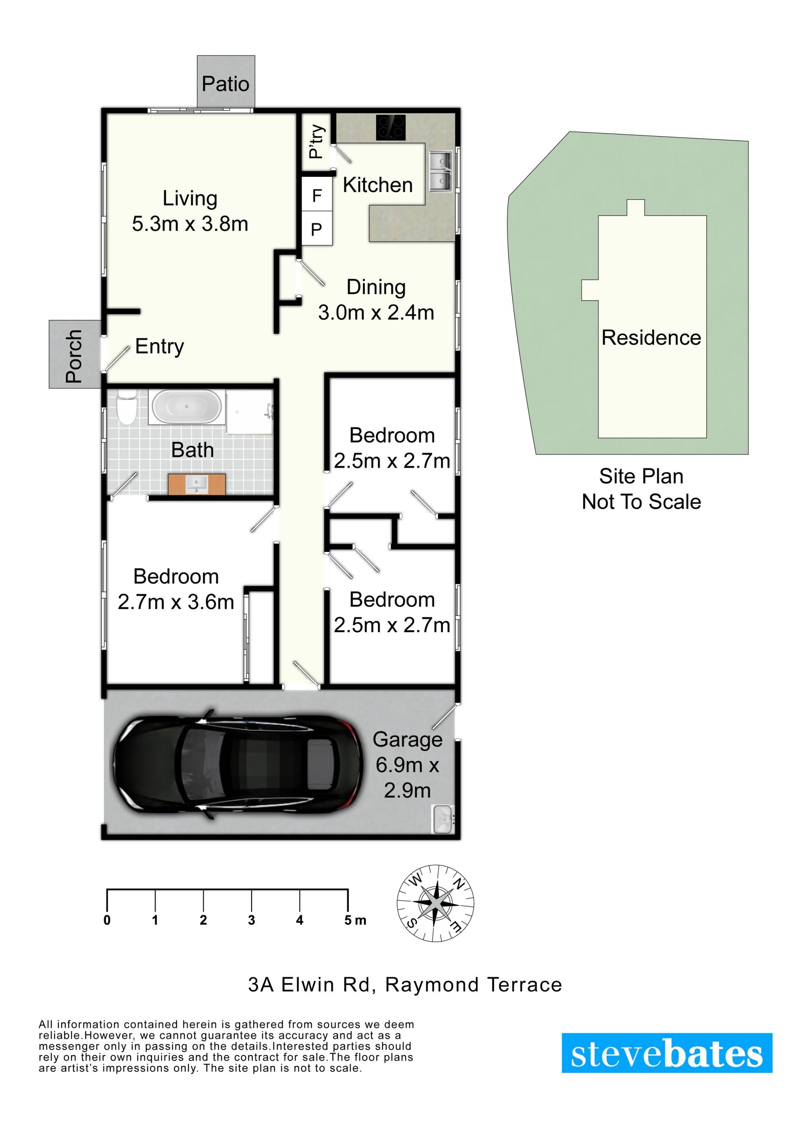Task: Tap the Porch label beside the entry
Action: (74, 356)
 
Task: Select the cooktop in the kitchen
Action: (390, 128)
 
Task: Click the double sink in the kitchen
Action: (440, 171)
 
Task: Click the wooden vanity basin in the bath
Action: (197, 483)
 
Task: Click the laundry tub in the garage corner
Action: (442, 819)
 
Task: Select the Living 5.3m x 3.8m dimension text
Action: (190, 211)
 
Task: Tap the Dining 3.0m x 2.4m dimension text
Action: (376, 299)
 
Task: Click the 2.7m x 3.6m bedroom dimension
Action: (176, 602)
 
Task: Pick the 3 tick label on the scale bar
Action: (252, 920)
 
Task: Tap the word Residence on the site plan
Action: (651, 337)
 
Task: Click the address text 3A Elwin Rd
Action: (309, 984)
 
